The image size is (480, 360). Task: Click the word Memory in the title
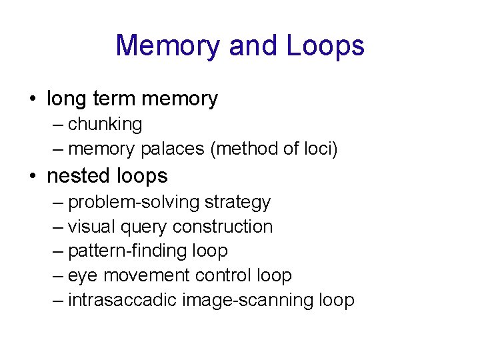(x=169, y=45)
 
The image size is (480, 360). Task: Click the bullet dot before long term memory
(x=32, y=99)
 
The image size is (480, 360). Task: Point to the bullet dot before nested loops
(x=32, y=177)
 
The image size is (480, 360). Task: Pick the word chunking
(x=105, y=125)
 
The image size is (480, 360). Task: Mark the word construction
(x=222, y=227)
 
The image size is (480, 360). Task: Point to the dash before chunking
(x=58, y=125)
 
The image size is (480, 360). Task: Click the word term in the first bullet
(x=113, y=99)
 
